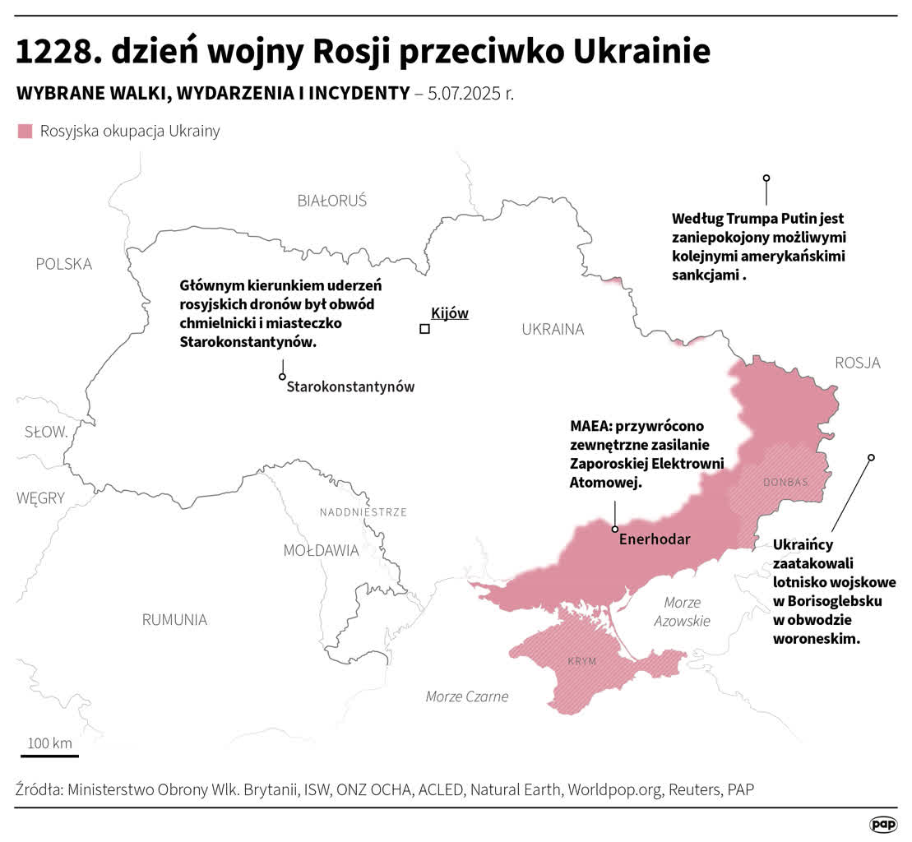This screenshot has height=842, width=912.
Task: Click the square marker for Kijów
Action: point(424,329)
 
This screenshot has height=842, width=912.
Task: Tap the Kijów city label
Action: point(449,312)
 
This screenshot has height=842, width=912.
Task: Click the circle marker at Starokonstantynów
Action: point(282,377)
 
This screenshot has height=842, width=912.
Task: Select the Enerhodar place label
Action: point(654,539)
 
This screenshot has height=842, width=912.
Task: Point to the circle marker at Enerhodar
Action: point(614,529)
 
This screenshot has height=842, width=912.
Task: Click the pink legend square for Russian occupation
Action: point(25,131)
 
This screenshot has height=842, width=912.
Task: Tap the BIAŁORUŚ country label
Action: point(331,201)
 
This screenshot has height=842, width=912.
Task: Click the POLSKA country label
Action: point(63,264)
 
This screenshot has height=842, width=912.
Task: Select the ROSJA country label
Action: point(857,363)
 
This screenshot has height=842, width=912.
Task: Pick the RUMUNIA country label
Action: point(174,619)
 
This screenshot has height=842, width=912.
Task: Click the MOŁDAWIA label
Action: point(321,550)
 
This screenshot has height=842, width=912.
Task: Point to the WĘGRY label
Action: point(40,497)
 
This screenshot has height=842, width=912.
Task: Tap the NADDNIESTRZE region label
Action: point(363,512)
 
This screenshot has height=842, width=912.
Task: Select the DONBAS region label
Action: point(785,482)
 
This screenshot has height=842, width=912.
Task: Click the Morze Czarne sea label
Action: point(466,696)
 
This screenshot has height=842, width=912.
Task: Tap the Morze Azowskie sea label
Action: point(682,611)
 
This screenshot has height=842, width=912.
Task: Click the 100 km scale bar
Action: point(50,754)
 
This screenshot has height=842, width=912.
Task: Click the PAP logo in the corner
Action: point(882,824)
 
